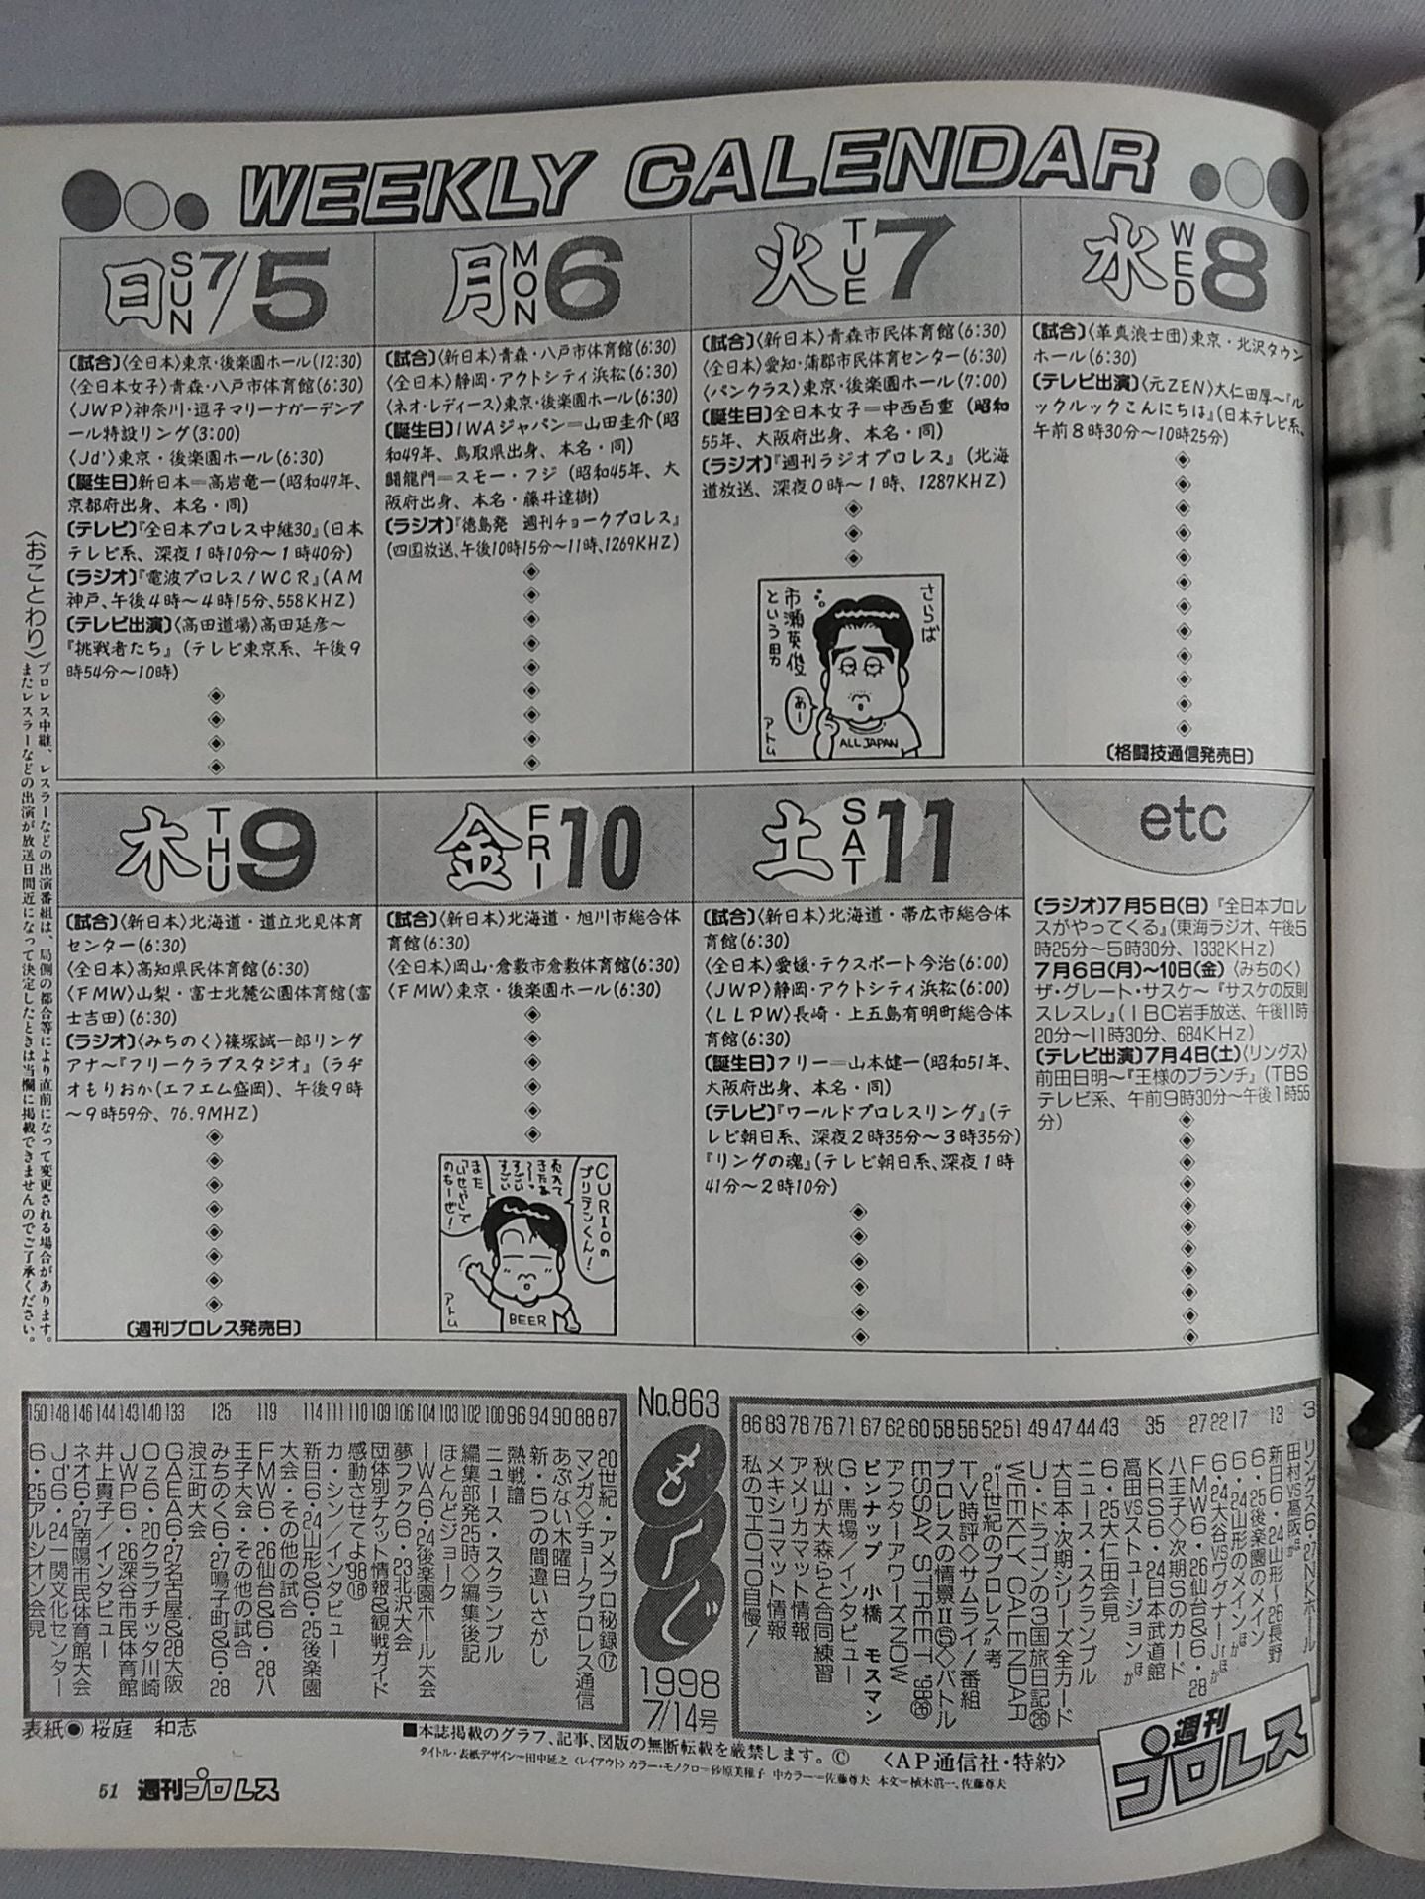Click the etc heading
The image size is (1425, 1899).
1183,821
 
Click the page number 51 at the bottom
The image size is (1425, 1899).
108,1791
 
